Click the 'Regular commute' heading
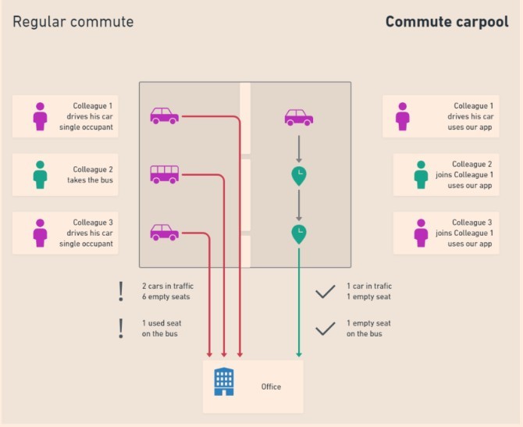coord(73,22)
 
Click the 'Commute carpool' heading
coord(447,22)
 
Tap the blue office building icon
coord(224,382)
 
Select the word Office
coord(271,386)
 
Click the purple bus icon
coord(164,174)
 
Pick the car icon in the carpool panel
coord(298,117)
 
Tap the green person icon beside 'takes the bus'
coord(41,174)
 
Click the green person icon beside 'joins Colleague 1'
coord(421,174)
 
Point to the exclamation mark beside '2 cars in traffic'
coord(121,291)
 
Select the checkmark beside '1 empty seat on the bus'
coord(325,329)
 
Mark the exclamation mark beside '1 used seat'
coord(121,328)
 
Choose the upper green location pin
coord(298,176)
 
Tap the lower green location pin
coord(298,233)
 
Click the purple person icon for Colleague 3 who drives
coord(41,233)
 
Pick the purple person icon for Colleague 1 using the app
coord(403,116)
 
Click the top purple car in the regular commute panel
coord(164,116)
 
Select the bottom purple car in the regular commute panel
coord(164,232)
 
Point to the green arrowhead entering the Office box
coord(298,355)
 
